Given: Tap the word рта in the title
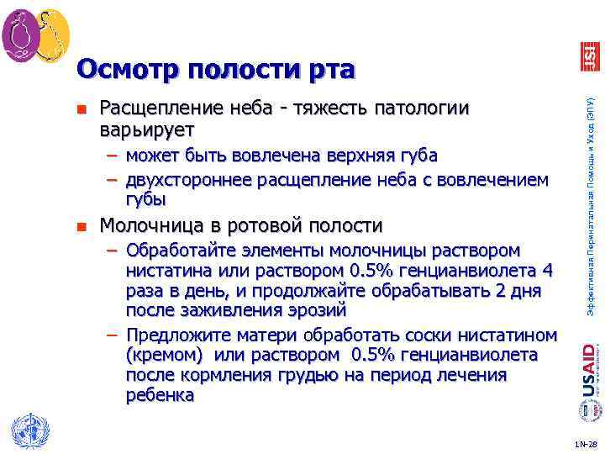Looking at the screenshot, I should tap(328, 68).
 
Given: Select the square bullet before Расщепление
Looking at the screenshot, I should tap(81, 109).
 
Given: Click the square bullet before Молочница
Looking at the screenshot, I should tap(81, 226).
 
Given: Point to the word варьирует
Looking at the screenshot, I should tap(146, 130).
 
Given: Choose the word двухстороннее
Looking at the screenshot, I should tap(190, 179).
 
